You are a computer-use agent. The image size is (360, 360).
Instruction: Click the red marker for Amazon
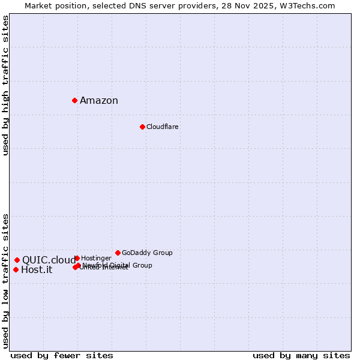pyautogui.click(x=74, y=100)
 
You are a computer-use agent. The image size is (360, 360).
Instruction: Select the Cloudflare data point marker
pyautogui.click(x=142, y=127)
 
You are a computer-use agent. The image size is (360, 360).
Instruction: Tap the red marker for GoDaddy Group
pyautogui.click(x=118, y=253)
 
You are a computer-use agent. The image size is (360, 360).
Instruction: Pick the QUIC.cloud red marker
pyautogui.click(x=17, y=260)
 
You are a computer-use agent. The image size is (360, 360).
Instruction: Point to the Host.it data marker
pyautogui.click(x=16, y=269)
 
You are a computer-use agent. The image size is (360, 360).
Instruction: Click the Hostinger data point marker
pyautogui.click(x=77, y=258)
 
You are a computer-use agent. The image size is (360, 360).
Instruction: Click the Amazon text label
pyautogui.click(x=99, y=101)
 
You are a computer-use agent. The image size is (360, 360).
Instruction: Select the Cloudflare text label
pyautogui.click(x=163, y=127)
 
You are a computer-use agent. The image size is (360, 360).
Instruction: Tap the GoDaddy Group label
pyautogui.click(x=147, y=253)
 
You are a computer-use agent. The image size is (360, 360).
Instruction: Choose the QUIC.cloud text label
pyautogui.click(x=49, y=260)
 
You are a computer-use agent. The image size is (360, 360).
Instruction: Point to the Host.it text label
pyautogui.click(x=37, y=270)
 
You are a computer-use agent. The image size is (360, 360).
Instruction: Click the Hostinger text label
pyautogui.click(x=96, y=258)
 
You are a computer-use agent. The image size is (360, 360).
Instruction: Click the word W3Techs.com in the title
pyautogui.click(x=307, y=6)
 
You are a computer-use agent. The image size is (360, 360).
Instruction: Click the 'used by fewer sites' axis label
pyautogui.click(x=62, y=355)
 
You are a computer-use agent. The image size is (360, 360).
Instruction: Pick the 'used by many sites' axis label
pyautogui.click(x=301, y=355)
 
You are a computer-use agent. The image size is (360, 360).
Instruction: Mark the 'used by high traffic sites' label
pyautogui.click(x=6, y=86)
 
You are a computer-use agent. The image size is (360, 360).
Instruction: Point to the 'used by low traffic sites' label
pyautogui.click(x=6, y=281)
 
